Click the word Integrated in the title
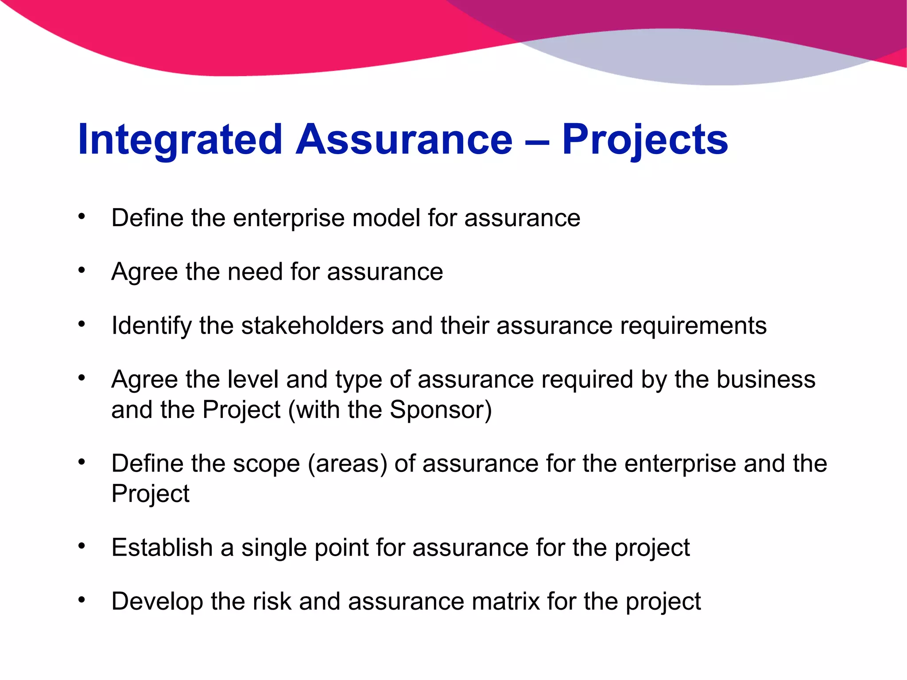pos(180,140)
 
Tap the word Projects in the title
pos(645,140)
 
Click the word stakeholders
pos(312,326)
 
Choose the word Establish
pos(162,548)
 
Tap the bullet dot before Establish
pos(81,546)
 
